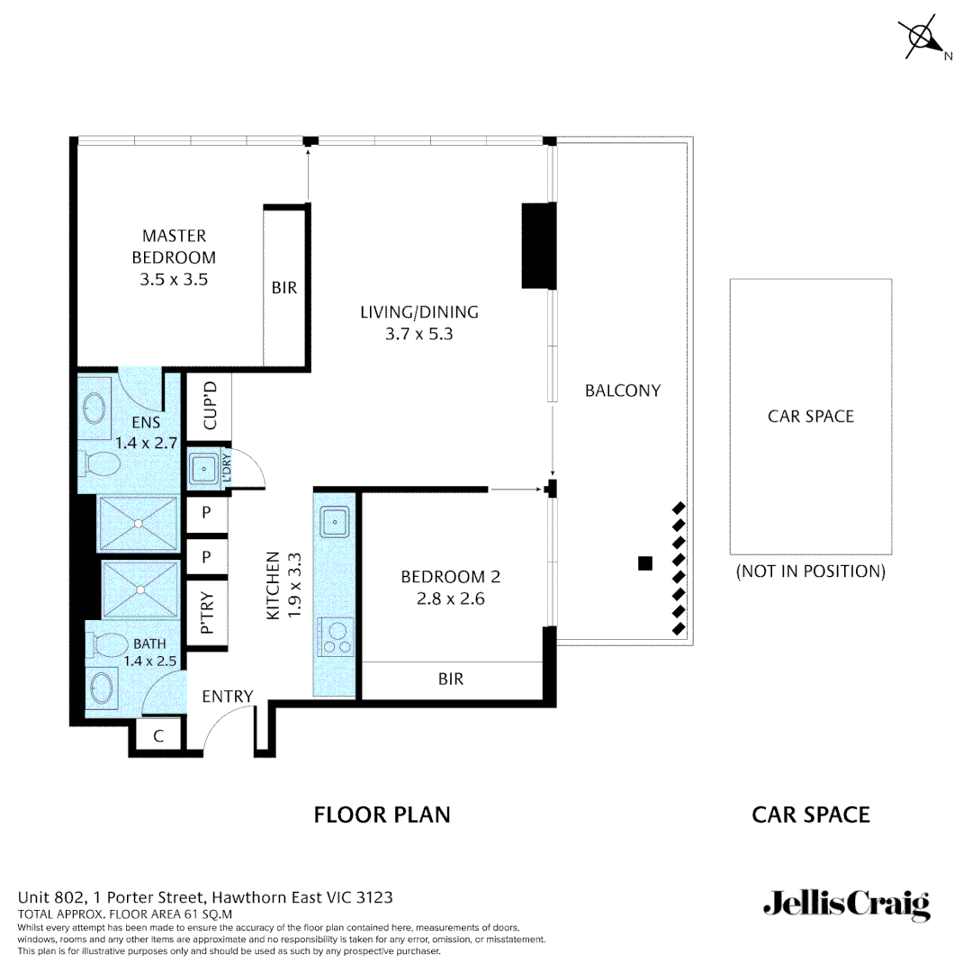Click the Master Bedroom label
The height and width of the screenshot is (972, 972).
pyautogui.click(x=174, y=247)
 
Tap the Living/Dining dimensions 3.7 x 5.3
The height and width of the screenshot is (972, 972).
pyautogui.click(x=418, y=334)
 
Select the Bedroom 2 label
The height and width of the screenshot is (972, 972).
pyautogui.click(x=450, y=577)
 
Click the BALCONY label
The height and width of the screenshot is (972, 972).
pyautogui.click(x=622, y=391)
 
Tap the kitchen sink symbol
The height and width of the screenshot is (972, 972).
pyautogui.click(x=335, y=520)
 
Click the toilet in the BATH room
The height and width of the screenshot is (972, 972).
pyautogui.click(x=108, y=645)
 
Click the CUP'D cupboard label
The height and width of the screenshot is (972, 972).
pyautogui.click(x=210, y=405)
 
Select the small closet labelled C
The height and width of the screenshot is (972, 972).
pyautogui.click(x=158, y=736)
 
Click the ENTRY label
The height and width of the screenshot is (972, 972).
pyautogui.click(x=227, y=696)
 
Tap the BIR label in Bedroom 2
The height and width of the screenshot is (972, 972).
pyautogui.click(x=451, y=679)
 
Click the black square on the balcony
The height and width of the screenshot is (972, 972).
pyautogui.click(x=644, y=563)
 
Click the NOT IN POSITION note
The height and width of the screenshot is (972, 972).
pyautogui.click(x=810, y=571)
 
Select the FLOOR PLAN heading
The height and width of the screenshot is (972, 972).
pyautogui.click(x=382, y=815)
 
